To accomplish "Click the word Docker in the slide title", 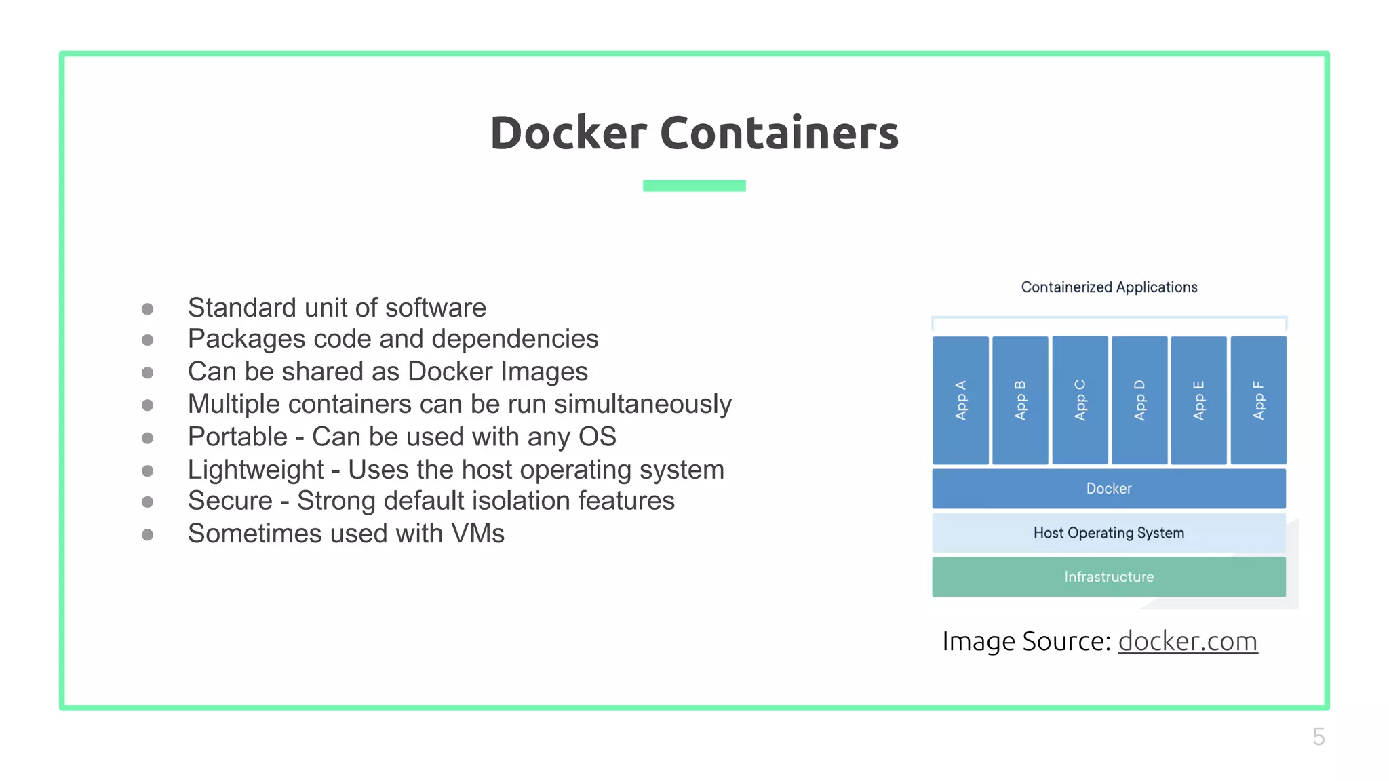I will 568,133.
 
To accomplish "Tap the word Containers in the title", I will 779,133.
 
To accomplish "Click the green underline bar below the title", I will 694,186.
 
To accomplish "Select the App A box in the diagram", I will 960,400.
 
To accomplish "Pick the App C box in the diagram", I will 1080,400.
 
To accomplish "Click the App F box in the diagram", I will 1258,400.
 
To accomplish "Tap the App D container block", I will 1139,400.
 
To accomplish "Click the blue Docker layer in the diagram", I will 1109,489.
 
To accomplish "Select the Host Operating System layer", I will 1109,533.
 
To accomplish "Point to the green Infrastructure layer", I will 1109,577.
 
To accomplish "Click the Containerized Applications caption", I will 1109,287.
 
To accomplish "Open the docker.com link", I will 1188,641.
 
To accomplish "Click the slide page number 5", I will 1318,737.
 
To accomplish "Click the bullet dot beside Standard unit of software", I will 147,309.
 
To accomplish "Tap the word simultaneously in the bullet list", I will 642,405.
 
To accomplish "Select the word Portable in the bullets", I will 237,437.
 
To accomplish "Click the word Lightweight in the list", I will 256,470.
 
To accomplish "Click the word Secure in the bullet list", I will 230,501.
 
